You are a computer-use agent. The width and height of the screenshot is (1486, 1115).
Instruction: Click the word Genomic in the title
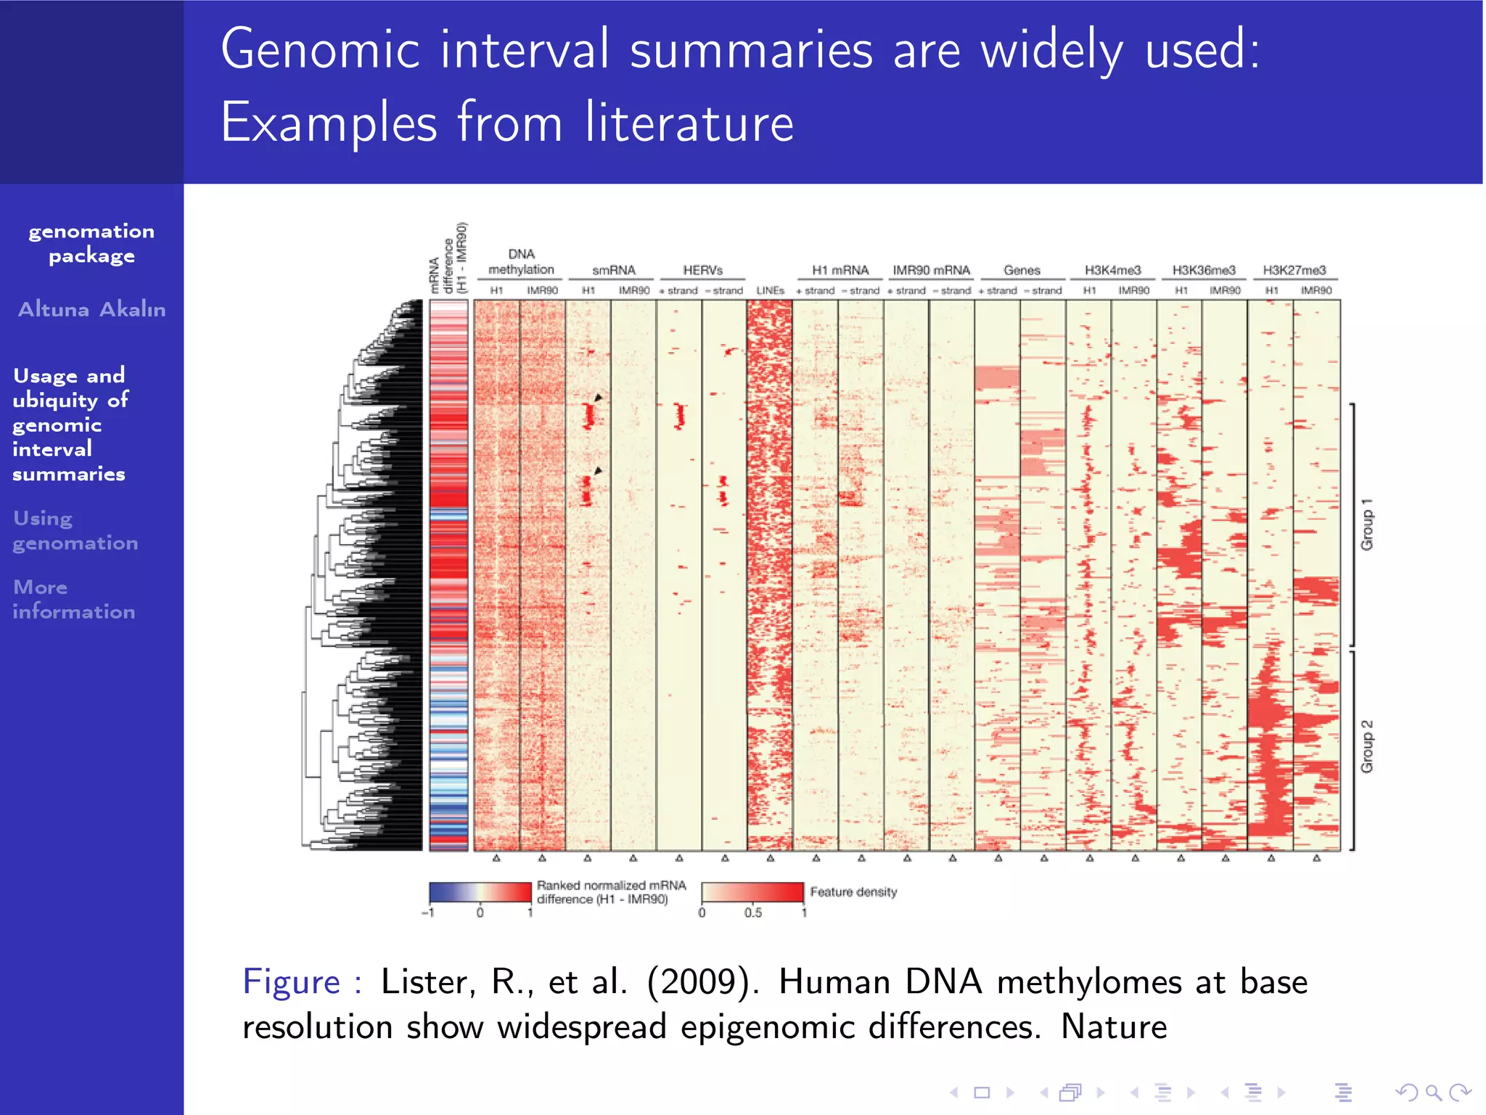pos(320,50)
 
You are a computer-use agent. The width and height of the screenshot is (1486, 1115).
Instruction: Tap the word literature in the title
pos(689,123)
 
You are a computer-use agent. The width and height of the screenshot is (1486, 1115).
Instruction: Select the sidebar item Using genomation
pos(75,531)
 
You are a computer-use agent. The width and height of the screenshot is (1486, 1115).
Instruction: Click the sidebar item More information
pos(73,599)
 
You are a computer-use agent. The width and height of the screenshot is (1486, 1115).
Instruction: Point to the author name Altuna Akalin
pos(91,309)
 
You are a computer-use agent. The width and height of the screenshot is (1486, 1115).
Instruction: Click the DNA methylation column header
pos(521,262)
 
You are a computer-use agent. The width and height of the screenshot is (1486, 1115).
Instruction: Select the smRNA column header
pos(613,270)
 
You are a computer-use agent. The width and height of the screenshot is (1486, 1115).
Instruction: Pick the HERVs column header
pos(702,270)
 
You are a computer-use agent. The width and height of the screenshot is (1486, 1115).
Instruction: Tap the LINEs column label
pos(770,290)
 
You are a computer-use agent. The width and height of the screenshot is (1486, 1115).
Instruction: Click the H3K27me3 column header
pos(1294,270)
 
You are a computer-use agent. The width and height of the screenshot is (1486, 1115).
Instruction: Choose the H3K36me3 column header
pos(1203,270)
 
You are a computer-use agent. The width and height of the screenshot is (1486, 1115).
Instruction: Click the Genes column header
pos(1022,270)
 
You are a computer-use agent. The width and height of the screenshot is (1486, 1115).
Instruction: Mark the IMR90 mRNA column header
pos(931,270)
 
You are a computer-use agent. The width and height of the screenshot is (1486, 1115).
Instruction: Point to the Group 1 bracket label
pos(1367,524)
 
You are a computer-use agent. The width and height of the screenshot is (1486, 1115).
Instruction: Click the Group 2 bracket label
pos(1367,746)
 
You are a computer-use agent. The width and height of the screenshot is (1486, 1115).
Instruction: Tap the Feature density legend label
pos(853,892)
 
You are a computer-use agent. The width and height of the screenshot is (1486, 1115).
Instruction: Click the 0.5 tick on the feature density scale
pos(753,912)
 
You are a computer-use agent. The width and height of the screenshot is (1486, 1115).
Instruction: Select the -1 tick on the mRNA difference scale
pos(428,912)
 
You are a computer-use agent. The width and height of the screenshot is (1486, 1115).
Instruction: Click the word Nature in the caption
pos(1114,1027)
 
